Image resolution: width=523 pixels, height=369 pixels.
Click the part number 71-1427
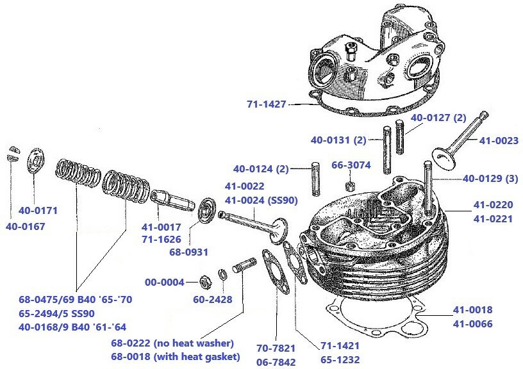(x=266, y=104)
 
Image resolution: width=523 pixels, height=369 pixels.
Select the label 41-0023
(x=499, y=140)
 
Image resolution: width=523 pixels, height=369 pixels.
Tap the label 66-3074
(x=351, y=165)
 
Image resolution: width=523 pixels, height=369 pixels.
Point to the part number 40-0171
(x=38, y=209)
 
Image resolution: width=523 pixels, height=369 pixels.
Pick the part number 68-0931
(x=188, y=252)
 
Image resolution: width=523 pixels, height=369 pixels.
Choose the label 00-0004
(x=164, y=282)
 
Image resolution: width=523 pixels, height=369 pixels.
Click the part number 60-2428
(x=213, y=299)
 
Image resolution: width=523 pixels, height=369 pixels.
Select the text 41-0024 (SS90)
(x=261, y=200)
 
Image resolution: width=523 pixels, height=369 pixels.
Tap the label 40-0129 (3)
(x=490, y=179)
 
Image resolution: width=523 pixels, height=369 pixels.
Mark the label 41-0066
(x=472, y=324)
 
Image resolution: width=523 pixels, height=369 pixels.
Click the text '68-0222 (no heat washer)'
(x=172, y=343)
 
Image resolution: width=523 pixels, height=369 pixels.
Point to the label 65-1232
(x=340, y=361)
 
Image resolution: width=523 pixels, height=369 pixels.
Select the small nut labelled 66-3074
(x=351, y=186)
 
